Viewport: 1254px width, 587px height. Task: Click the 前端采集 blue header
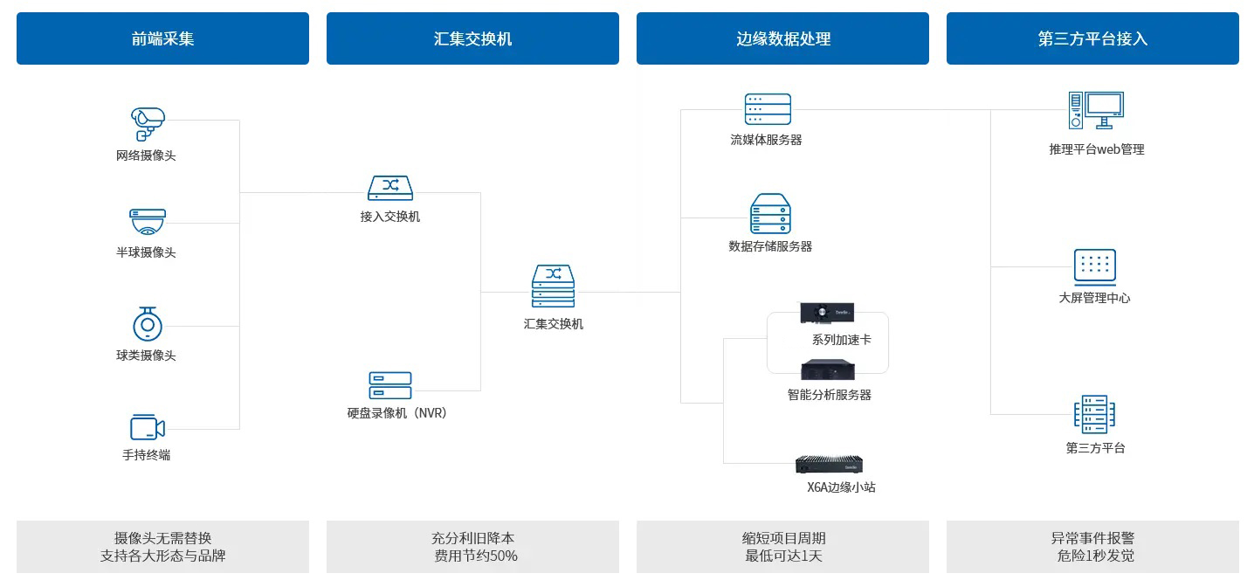pyautogui.click(x=162, y=38)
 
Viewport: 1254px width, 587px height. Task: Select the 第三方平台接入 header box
pyautogui.click(x=1092, y=38)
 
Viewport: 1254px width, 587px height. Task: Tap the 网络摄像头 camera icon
pyautogui.click(x=148, y=124)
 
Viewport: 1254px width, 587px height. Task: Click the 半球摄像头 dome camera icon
pyautogui.click(x=148, y=222)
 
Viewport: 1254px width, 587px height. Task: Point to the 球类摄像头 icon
pyautogui.click(x=148, y=324)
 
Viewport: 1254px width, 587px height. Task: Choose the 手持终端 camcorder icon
pyautogui.click(x=148, y=428)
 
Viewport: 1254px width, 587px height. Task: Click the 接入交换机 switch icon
pyautogui.click(x=390, y=188)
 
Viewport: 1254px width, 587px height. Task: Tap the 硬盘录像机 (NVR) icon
pyautogui.click(x=390, y=385)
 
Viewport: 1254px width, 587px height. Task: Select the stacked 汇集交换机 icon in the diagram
pyautogui.click(x=553, y=286)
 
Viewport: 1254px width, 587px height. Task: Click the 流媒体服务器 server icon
pyautogui.click(x=768, y=108)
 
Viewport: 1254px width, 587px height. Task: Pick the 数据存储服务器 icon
pyautogui.click(x=770, y=213)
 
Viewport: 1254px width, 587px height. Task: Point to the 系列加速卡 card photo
pyautogui.click(x=827, y=313)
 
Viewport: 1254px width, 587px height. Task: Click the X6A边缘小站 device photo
pyautogui.click(x=829, y=465)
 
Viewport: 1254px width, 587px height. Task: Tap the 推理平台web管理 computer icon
pyautogui.click(x=1096, y=110)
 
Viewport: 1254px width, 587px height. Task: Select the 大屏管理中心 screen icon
pyautogui.click(x=1094, y=266)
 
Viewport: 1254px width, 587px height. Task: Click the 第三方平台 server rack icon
pyautogui.click(x=1094, y=415)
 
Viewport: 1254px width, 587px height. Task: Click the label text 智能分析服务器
pyautogui.click(x=829, y=395)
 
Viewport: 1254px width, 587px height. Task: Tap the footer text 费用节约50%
pyautogui.click(x=476, y=556)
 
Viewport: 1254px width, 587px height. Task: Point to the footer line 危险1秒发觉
pyautogui.click(x=1096, y=556)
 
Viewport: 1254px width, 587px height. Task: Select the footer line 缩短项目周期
pyautogui.click(x=783, y=538)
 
